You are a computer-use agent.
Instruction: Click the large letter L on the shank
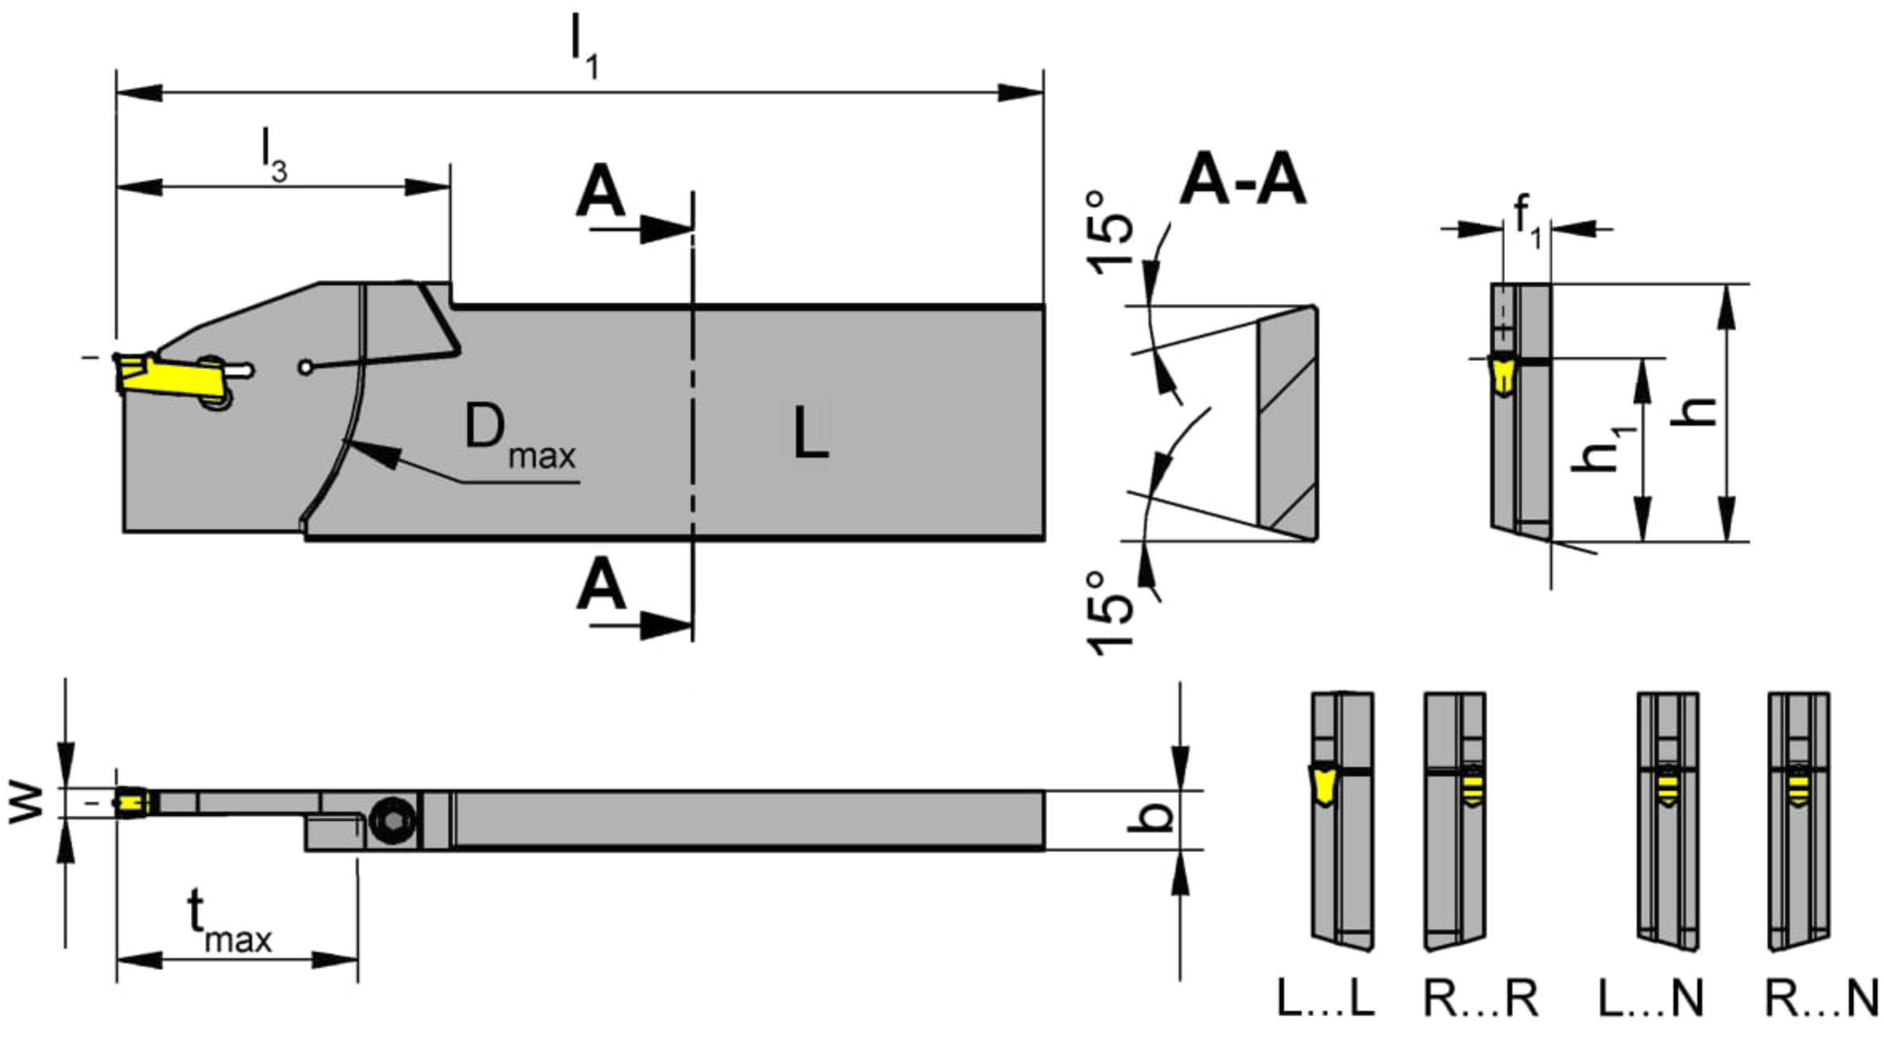click(x=811, y=431)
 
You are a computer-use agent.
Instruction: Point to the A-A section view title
click(x=1243, y=181)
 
